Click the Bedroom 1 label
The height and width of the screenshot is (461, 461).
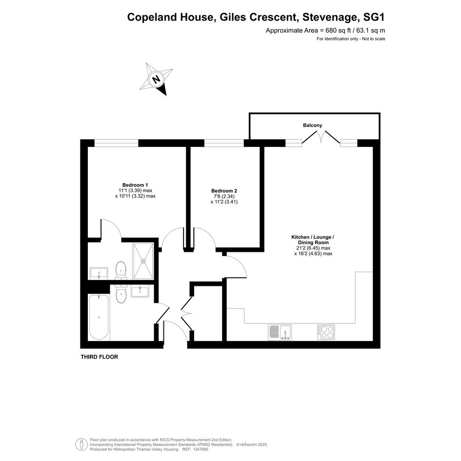(135, 185)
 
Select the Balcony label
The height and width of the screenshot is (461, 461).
(313, 125)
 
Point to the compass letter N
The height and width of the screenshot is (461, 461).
(156, 79)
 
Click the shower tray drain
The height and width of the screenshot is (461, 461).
(143, 261)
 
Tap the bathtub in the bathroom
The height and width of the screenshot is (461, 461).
(99, 317)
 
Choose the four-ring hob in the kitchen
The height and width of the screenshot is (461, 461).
(326, 333)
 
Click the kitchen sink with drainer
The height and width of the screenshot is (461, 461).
(280, 333)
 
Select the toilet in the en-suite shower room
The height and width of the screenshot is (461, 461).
(121, 270)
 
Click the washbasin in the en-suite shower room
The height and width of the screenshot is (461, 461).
(99, 273)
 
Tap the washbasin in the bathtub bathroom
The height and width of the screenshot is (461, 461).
(140, 291)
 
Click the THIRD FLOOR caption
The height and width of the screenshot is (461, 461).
(100, 357)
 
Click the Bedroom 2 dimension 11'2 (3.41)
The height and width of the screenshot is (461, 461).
(224, 202)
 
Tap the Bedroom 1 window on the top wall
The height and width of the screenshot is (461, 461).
(116, 143)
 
